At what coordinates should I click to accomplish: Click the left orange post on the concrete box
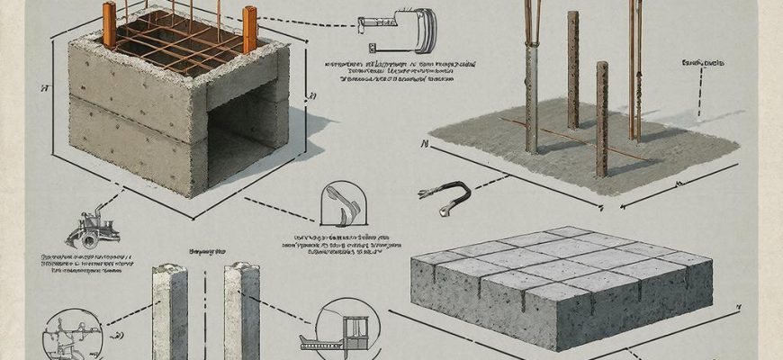pos(110,24)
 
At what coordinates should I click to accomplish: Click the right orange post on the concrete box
pos(249,29)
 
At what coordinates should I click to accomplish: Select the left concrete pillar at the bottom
pos(169,310)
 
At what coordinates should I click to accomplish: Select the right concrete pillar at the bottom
pos(241,310)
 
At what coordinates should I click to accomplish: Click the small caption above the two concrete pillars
pos(206,252)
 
